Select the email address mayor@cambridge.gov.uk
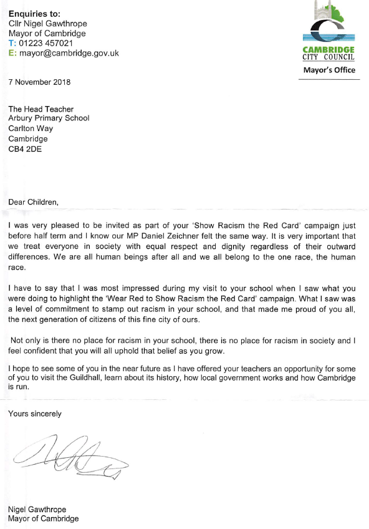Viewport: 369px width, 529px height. point(69,53)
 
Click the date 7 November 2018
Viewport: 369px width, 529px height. point(39,82)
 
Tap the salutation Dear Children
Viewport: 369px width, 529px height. point(34,201)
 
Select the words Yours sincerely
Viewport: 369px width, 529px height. point(35,413)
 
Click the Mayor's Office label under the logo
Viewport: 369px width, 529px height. point(329,70)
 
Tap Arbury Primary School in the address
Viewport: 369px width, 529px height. point(49,118)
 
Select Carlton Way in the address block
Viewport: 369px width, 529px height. point(31,129)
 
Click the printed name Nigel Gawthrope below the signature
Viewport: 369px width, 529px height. point(38,509)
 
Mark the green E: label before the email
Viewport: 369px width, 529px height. point(12,53)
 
